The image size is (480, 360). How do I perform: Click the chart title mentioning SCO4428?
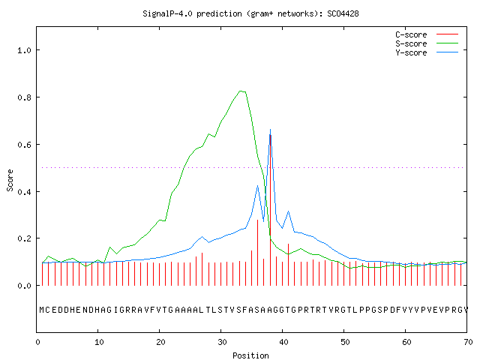tap(250, 13)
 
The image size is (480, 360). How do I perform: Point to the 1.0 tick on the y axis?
tap(25, 50)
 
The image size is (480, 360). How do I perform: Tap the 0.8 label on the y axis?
tap(25, 97)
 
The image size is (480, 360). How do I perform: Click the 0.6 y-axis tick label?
tap(25, 145)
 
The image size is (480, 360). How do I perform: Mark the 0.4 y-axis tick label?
tap(25, 192)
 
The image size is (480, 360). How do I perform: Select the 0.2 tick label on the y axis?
tap(25, 238)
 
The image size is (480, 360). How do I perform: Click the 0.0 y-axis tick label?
tap(25, 286)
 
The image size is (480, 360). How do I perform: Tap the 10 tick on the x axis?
tap(99, 342)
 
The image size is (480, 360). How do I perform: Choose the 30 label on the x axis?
tap(222, 342)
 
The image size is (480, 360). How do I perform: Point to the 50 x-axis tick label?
tap(345, 342)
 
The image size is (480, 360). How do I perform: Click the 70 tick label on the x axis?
tap(468, 342)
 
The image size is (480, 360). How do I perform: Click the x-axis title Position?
tap(250, 355)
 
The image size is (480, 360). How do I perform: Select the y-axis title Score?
tap(10, 180)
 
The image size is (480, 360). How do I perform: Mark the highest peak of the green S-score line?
tap(241, 91)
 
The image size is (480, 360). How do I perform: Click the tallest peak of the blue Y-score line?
tap(270, 130)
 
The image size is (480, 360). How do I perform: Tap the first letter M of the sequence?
tap(42, 310)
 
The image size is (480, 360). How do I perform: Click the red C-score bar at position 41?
tap(288, 265)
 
